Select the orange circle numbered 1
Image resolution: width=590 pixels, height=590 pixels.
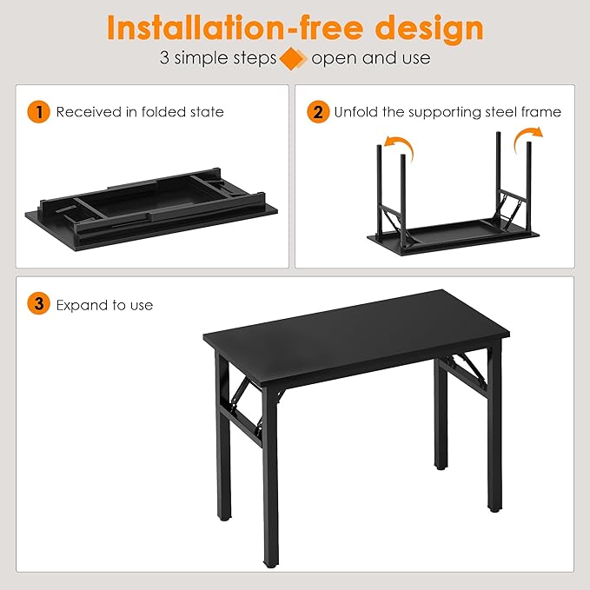click(x=38, y=111)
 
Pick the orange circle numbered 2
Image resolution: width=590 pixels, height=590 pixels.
click(x=319, y=111)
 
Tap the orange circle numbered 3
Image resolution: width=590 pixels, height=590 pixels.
click(x=38, y=304)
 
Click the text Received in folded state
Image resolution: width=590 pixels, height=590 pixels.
click(x=140, y=112)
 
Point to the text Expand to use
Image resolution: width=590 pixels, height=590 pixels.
click(x=104, y=305)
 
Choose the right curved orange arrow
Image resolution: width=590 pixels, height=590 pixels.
click(x=527, y=137)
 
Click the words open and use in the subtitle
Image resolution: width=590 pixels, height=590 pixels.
click(x=370, y=59)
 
